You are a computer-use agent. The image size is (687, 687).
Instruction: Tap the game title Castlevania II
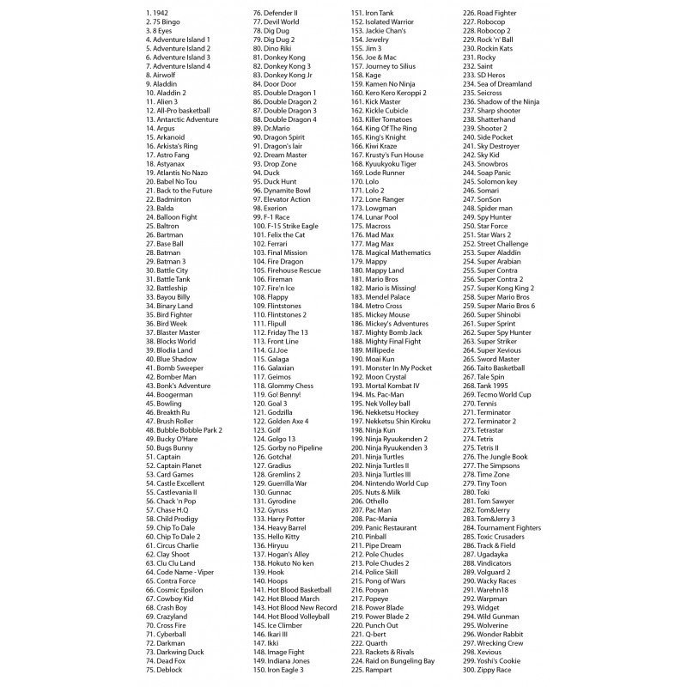171,492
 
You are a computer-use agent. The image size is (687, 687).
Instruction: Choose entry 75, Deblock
164,670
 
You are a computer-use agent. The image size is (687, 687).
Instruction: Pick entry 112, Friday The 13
284,332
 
